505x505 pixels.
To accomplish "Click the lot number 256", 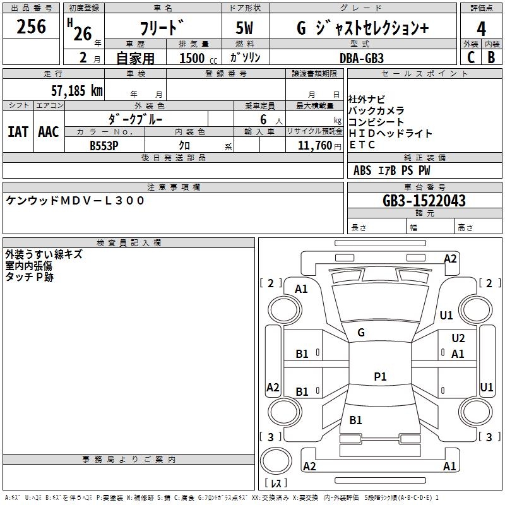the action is [31, 26].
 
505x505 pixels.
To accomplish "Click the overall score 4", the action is [481, 29].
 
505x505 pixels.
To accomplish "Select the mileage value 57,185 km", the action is [77, 90].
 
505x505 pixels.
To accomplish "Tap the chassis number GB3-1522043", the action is [424, 200].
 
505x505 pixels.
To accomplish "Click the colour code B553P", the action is [104, 146].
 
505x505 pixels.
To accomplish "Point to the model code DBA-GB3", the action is [362, 58].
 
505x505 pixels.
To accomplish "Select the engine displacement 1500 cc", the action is [198, 58].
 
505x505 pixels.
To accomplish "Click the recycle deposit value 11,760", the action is [315, 145].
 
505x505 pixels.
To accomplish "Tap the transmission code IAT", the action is [18, 132].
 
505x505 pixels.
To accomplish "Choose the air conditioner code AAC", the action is [49, 132].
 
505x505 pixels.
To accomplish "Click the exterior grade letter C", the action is [471, 57].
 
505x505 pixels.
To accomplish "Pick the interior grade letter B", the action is [491, 57].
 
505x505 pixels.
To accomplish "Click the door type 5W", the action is [244, 28].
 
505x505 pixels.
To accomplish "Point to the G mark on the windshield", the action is [361, 333].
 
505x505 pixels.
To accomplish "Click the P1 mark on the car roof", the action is [380, 376].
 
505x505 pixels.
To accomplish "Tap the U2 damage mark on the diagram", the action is [458, 338].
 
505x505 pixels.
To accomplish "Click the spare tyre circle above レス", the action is [276, 461].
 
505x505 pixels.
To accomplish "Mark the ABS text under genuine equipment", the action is [362, 170].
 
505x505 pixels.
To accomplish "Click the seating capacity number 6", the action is [263, 119].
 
